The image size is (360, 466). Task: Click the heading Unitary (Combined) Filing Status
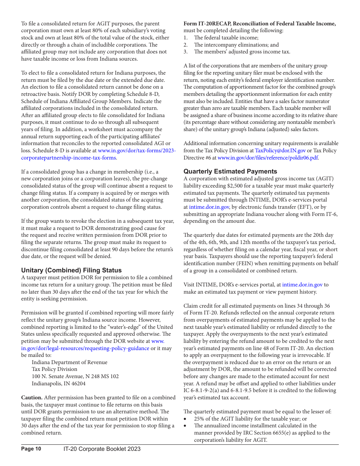click(x=71, y=270)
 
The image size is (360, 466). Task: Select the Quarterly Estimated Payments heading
click(x=230, y=171)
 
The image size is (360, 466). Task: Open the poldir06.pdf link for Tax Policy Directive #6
click(x=268, y=158)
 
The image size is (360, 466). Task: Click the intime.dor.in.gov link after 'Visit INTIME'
click(x=302, y=285)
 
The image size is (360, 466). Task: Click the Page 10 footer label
click(x=31, y=449)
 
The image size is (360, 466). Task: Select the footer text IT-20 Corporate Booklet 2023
click(x=102, y=449)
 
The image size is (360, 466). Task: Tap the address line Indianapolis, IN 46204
click(x=58, y=383)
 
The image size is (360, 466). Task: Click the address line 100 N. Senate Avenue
click(x=75, y=376)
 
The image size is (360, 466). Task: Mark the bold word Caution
click(x=32, y=397)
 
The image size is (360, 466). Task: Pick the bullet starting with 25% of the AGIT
click(x=250, y=419)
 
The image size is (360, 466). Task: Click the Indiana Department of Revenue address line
click(x=69, y=362)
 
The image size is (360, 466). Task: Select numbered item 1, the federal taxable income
click(x=226, y=38)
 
